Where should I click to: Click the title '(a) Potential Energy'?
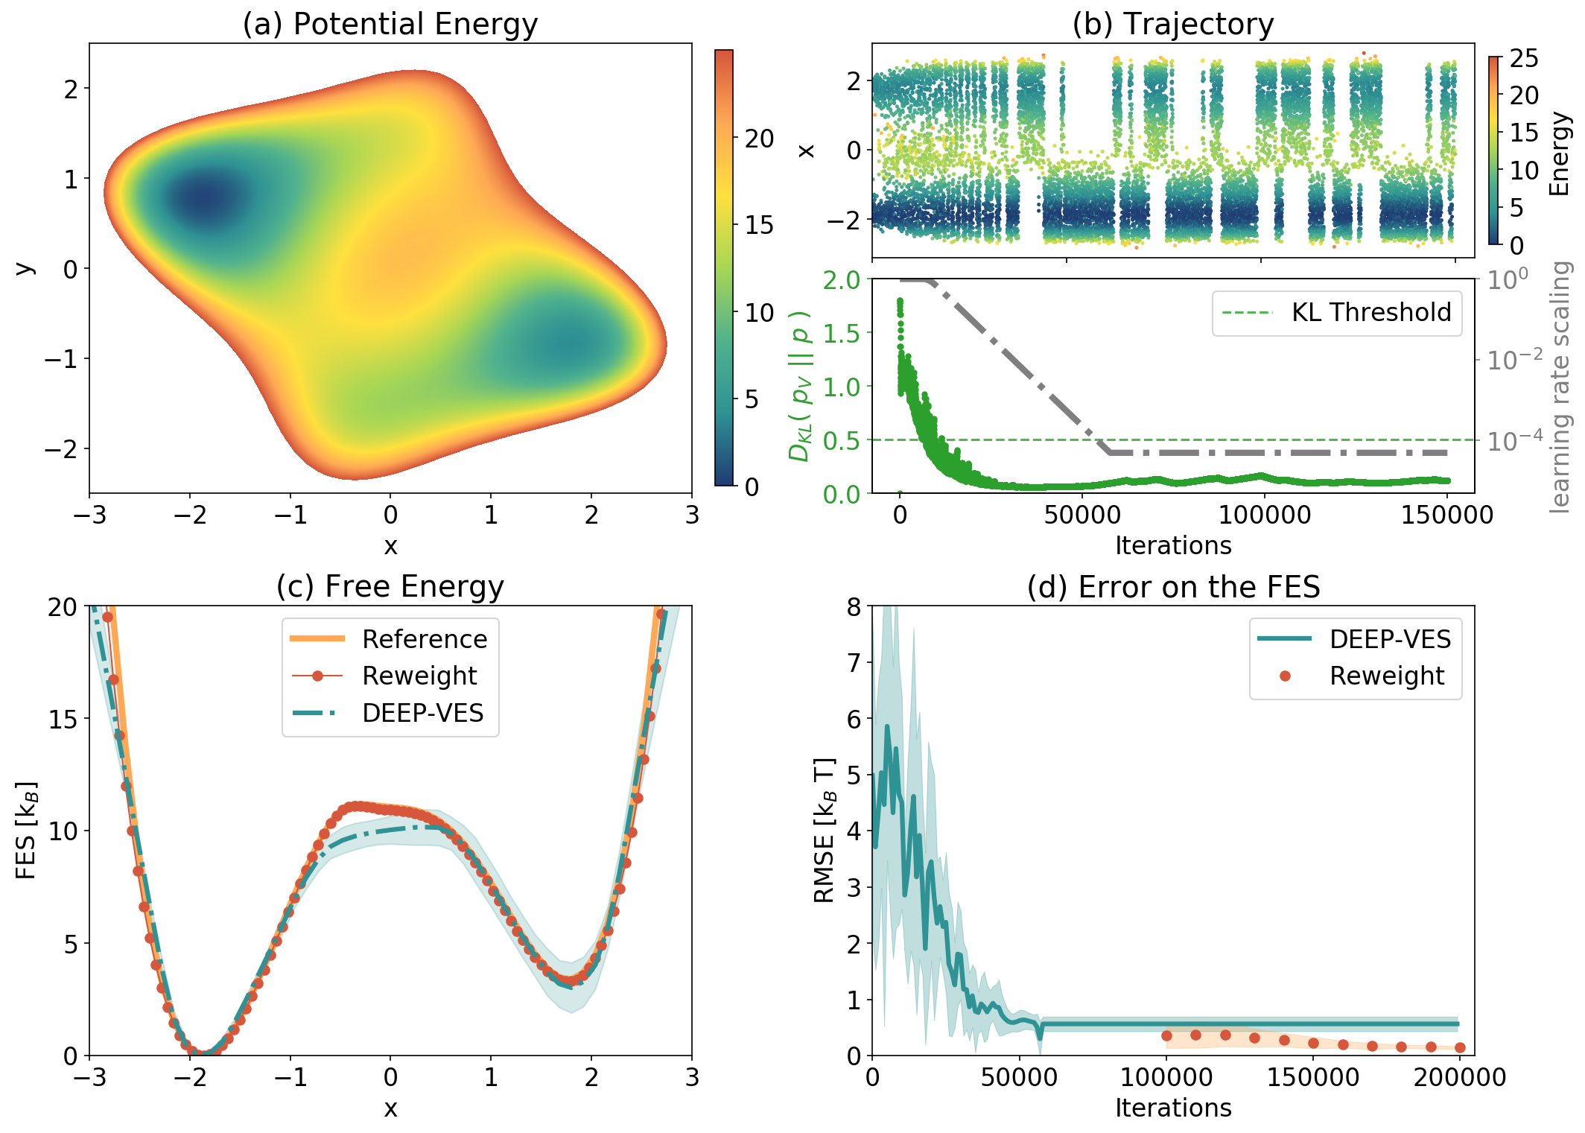390,24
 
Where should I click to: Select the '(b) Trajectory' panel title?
1173,24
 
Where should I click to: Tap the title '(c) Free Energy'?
390,586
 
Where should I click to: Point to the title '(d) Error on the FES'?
1173,586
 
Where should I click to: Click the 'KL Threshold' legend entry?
1370,312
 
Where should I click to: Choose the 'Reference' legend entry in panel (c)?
424,638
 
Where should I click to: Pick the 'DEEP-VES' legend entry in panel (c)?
422,713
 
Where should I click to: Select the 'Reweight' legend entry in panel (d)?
1386,676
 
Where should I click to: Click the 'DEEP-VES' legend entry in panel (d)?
1390,638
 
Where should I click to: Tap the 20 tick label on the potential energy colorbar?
759,139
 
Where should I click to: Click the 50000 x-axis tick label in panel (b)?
1082,515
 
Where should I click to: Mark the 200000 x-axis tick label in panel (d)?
1460,1077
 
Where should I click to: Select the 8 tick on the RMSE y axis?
854,607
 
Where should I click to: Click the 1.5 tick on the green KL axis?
842,333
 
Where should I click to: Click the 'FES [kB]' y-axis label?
26,831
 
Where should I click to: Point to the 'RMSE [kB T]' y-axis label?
825,831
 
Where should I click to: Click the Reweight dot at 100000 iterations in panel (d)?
1166,1035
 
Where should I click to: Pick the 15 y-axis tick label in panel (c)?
63,719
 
